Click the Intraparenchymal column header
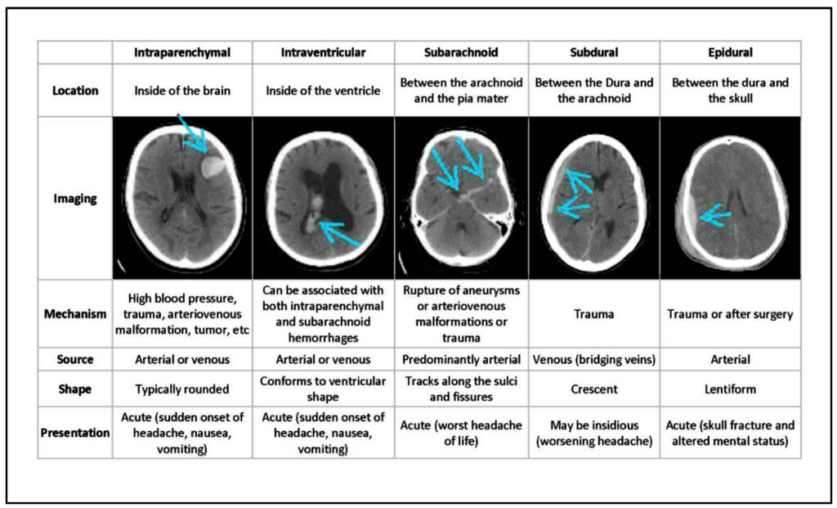click(x=182, y=52)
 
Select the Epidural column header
click(x=730, y=52)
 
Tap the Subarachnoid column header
click(x=461, y=52)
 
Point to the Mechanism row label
click(x=74, y=313)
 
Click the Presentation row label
click(x=74, y=433)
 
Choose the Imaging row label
click(x=74, y=198)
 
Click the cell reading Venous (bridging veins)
click(x=593, y=359)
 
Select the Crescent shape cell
click(x=593, y=389)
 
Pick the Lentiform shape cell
click(x=730, y=389)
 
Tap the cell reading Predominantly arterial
click(x=461, y=359)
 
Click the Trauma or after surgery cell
click(x=730, y=313)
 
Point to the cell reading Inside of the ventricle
click(x=323, y=90)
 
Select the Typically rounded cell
click(x=182, y=389)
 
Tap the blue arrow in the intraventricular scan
click(x=340, y=234)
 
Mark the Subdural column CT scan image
click(x=593, y=198)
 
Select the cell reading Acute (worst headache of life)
click(x=461, y=433)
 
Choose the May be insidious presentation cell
click(x=593, y=433)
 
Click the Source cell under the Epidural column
click(x=730, y=359)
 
